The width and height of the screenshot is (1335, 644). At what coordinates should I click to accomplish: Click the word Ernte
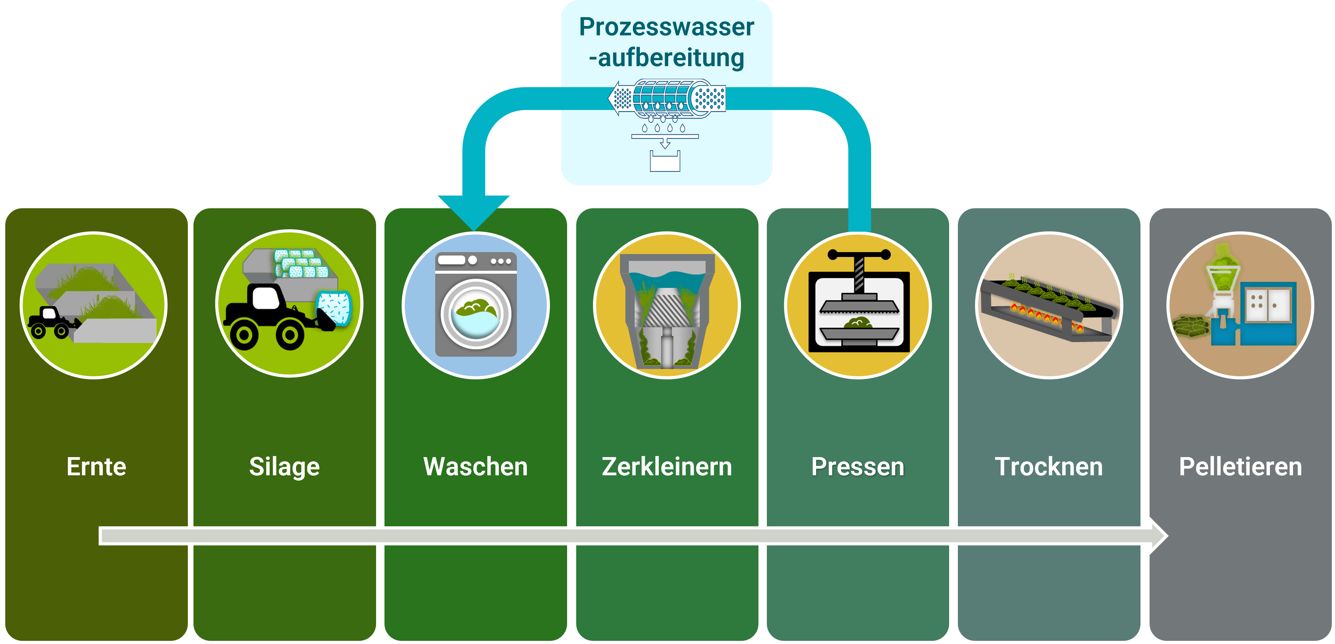click(x=97, y=467)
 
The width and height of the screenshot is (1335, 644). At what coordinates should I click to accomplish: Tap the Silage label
click(x=284, y=467)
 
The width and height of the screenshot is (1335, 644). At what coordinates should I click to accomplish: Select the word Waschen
click(x=475, y=467)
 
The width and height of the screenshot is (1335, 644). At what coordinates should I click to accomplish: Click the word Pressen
click(x=858, y=467)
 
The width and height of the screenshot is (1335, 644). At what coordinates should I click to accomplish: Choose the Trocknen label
click(x=1049, y=467)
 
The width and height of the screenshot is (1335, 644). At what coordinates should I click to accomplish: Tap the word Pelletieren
click(x=1240, y=467)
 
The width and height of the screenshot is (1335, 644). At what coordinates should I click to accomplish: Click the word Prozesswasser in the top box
click(x=666, y=27)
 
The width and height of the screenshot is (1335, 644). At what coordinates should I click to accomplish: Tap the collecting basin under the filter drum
click(x=665, y=161)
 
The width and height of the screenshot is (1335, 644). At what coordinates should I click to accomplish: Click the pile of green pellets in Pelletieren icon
click(x=1191, y=326)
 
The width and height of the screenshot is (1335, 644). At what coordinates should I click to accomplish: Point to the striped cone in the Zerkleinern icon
click(x=667, y=308)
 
